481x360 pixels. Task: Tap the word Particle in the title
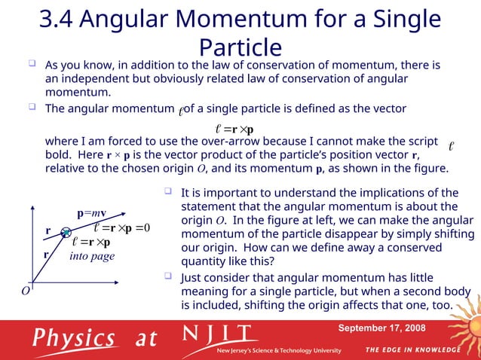(240, 48)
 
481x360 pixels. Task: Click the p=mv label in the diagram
(90, 213)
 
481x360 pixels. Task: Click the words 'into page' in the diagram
(91, 257)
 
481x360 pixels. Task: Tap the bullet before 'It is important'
(169, 192)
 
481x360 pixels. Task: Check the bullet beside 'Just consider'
(169, 277)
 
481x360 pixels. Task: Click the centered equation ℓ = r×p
(234, 126)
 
